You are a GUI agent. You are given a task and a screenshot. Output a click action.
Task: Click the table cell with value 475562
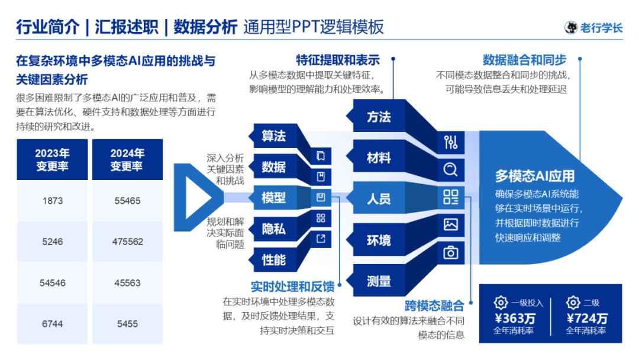click(127, 242)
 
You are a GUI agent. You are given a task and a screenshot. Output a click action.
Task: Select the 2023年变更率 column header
click(53, 160)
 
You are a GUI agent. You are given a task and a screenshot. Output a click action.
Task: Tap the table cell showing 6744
click(53, 323)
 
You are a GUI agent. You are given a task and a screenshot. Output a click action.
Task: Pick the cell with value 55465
click(127, 201)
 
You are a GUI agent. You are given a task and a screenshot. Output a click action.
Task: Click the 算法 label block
click(273, 136)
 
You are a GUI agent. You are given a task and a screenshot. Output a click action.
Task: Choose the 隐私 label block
click(273, 229)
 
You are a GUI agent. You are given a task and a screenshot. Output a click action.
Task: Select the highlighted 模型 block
click(273, 198)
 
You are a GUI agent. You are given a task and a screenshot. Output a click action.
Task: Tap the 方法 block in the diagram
click(379, 117)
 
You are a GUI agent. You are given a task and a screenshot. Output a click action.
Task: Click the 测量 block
click(379, 281)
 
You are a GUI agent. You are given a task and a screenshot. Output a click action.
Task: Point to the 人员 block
click(379, 199)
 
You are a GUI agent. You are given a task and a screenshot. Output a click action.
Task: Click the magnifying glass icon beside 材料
click(451, 170)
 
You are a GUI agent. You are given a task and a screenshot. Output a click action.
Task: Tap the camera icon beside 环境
click(451, 253)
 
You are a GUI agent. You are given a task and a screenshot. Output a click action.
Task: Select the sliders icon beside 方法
click(451, 142)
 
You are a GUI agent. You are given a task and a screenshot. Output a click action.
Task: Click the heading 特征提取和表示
click(338, 60)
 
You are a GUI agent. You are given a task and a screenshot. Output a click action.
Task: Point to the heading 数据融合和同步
click(524, 60)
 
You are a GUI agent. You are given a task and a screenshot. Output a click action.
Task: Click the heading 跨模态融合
click(434, 306)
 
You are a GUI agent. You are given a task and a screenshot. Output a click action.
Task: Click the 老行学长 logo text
click(601, 28)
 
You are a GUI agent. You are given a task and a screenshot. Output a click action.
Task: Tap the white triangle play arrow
click(195, 197)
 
